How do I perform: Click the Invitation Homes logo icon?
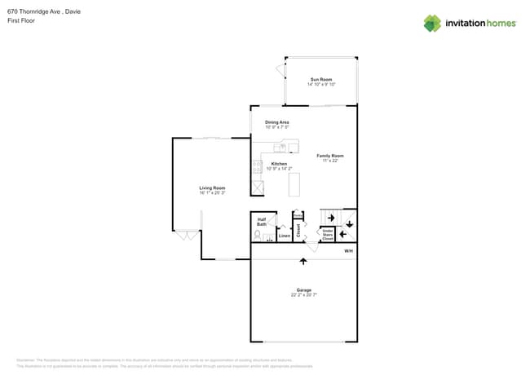pyautogui.click(x=432, y=23)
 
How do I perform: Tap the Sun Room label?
pyautogui.click(x=321, y=79)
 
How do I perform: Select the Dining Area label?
pyautogui.click(x=276, y=122)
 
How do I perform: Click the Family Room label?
pyautogui.click(x=330, y=156)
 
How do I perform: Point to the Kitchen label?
pyautogui.click(x=279, y=164)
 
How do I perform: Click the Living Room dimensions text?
pyautogui.click(x=212, y=193)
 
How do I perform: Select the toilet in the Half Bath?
pyautogui.click(x=258, y=235)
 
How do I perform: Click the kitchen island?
pyautogui.click(x=294, y=184)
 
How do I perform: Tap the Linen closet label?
pyautogui.click(x=284, y=236)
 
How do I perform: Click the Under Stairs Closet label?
pyautogui.click(x=327, y=235)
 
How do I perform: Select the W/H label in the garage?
pyautogui.click(x=348, y=251)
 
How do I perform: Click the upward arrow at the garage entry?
pyautogui.click(x=303, y=261)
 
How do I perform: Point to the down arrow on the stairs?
pyautogui.click(x=349, y=223)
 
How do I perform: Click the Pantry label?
pyautogui.click(x=298, y=215)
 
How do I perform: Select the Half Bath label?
pyautogui.click(x=262, y=221)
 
